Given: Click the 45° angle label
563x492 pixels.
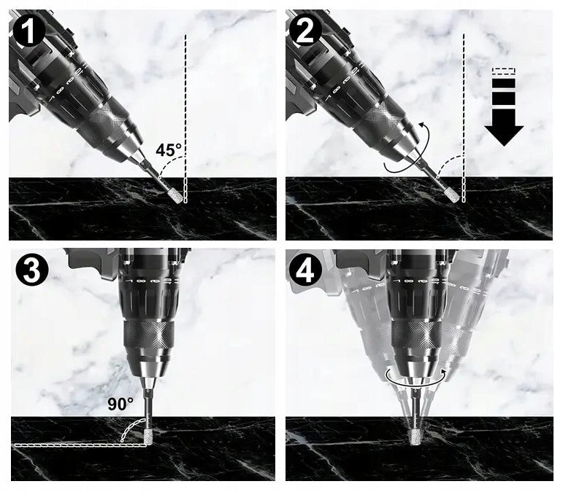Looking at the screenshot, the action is (169, 149).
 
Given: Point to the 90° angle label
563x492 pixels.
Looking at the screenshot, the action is (120, 404).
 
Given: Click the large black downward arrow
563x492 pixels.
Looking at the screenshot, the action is (504, 128).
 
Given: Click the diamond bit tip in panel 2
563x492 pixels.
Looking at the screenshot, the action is (451, 195).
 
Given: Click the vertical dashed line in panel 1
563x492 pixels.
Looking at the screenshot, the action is (185, 119).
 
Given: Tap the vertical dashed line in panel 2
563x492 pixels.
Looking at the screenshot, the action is (464, 119).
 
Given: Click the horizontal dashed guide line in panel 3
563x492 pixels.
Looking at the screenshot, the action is (81, 445).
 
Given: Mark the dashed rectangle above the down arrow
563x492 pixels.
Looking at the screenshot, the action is (504, 71).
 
